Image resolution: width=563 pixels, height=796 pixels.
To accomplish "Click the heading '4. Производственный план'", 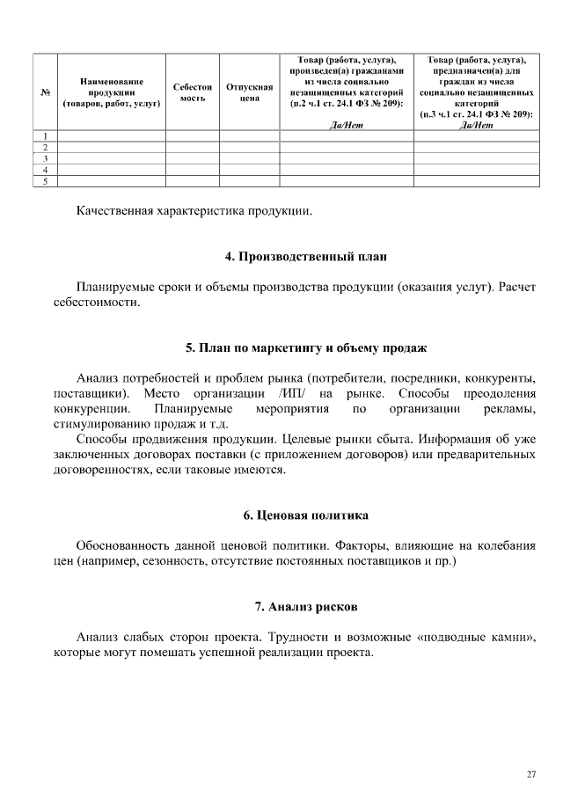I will click(305, 257).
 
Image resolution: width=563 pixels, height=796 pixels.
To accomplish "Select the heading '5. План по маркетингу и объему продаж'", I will click(305, 347).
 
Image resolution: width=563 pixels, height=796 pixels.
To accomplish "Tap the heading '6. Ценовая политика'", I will click(305, 515).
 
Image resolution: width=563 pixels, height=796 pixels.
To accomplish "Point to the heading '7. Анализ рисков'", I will click(305, 607).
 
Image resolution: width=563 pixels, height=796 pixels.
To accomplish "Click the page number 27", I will click(530, 774).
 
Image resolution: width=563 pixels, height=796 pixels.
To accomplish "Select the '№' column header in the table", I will click(45, 91).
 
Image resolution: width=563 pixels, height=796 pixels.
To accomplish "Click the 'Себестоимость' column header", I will click(193, 92).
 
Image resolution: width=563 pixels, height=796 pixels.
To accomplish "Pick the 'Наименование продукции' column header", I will click(111, 91).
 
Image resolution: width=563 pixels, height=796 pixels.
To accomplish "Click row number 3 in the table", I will click(45, 158).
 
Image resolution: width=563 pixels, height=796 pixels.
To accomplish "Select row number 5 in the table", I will click(45, 182).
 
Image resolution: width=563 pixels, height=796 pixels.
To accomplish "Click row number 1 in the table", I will click(45, 135).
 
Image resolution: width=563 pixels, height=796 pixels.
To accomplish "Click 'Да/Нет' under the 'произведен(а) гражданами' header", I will click(345, 125).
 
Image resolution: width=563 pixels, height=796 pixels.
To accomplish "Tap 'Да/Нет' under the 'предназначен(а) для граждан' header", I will click(477, 125).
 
